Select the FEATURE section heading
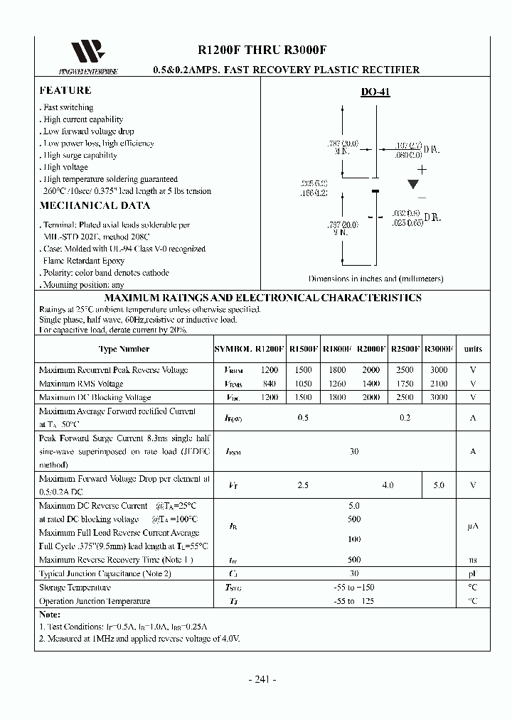(65, 90)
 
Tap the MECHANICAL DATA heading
(95, 205)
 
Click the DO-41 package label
(375, 92)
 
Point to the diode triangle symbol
(413, 184)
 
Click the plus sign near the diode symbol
(422, 169)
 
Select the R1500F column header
(303, 349)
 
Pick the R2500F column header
(405, 349)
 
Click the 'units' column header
(473, 349)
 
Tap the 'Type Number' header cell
(124, 349)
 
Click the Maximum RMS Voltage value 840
(270, 384)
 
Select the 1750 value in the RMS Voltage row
(404, 384)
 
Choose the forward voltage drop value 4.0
(388, 485)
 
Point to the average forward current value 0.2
(405, 418)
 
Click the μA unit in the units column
(473, 526)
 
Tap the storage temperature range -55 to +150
(354, 588)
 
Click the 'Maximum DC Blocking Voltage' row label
(95, 397)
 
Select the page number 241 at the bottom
(262, 679)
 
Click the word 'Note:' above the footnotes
(50, 615)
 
